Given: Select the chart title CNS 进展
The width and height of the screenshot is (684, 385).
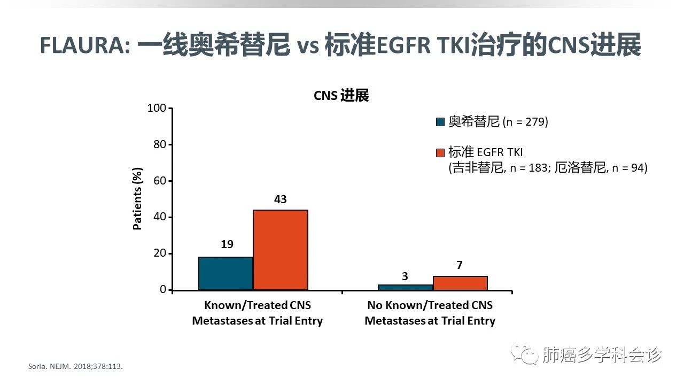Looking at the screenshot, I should coord(341,96).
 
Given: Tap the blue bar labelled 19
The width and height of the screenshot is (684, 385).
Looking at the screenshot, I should coord(226,273).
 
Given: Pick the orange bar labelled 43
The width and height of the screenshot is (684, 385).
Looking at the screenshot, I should coord(281,250).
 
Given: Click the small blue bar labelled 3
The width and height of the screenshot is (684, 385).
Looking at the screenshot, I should coord(406,287).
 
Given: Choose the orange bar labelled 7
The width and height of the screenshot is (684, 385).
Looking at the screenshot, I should coord(460,283).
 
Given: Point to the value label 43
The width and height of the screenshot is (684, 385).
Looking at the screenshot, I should coord(281,199).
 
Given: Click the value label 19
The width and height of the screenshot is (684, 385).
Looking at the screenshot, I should coord(227,244).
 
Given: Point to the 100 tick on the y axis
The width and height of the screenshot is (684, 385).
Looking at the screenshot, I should coord(157,109).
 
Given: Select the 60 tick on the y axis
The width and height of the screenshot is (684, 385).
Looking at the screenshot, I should coord(160,181).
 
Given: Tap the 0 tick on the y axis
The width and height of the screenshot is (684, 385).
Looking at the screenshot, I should coord(163,290).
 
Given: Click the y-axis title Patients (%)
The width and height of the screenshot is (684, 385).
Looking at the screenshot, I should coord(138,199).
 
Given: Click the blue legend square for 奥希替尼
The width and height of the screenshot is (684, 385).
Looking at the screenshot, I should coord(440,122).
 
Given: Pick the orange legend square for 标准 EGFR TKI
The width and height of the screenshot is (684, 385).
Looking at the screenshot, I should coord(440,153).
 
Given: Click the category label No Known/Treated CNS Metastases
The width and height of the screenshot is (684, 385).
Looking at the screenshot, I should coord(430,313).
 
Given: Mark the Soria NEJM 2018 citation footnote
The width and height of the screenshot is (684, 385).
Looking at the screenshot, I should coord(79,367).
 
